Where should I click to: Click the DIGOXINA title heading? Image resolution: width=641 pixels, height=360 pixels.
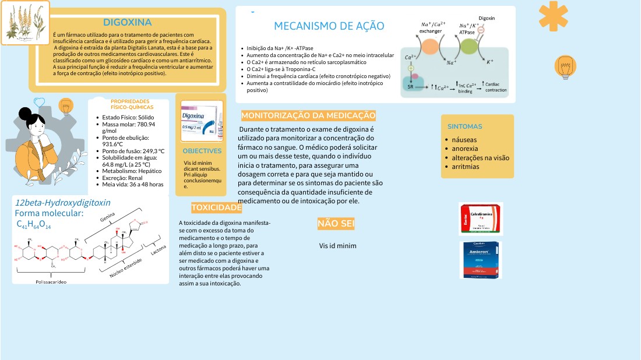pyautogui.click(x=127, y=23)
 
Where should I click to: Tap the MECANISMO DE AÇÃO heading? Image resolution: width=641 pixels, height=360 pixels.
pyautogui.click(x=329, y=26)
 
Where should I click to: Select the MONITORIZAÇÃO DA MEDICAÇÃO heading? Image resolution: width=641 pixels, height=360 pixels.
pyautogui.click(x=308, y=115)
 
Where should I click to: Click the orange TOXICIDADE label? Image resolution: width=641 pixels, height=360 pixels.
pyautogui.click(x=216, y=208)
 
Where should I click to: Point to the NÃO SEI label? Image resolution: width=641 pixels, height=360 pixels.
pyautogui.click(x=336, y=224)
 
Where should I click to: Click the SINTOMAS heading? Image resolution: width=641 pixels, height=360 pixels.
pyautogui.click(x=464, y=126)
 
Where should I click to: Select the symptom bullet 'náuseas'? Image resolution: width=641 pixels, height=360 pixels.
pyautogui.click(x=464, y=140)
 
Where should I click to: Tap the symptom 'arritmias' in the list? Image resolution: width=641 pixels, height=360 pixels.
pyautogui.click(x=466, y=166)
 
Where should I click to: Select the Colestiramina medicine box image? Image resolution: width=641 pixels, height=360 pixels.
pyautogui.click(x=480, y=218)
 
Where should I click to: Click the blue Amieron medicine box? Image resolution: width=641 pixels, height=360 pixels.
pyautogui.click(x=481, y=260)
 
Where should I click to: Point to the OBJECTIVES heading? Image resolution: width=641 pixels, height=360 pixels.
pyautogui.click(x=202, y=151)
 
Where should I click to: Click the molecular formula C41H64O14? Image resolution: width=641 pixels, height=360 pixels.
pyautogui.click(x=34, y=225)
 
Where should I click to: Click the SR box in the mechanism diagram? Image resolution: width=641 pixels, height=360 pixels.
pyautogui.click(x=410, y=86)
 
